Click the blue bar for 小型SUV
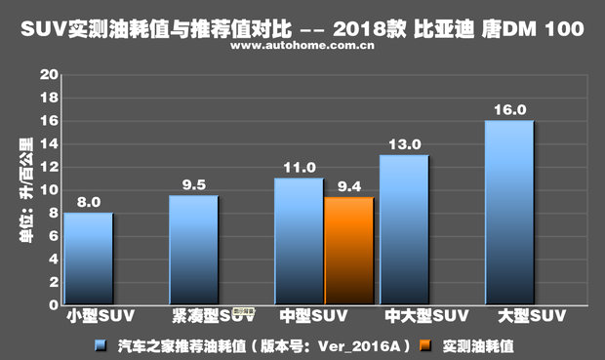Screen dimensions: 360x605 point(88,259)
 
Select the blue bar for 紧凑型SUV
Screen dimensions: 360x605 point(193,250)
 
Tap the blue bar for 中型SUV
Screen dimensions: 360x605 point(299,241)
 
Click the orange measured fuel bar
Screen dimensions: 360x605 point(348,251)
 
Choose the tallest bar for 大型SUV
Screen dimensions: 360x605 point(509,212)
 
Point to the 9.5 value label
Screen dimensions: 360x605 point(194,185)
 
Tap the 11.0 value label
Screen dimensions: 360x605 point(300,168)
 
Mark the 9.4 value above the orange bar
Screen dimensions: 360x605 point(349,186)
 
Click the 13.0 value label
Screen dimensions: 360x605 point(405,144)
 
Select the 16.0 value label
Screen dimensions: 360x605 point(509,109)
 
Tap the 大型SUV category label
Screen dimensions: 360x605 point(532,316)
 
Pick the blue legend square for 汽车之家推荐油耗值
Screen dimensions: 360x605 point(101,344)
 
